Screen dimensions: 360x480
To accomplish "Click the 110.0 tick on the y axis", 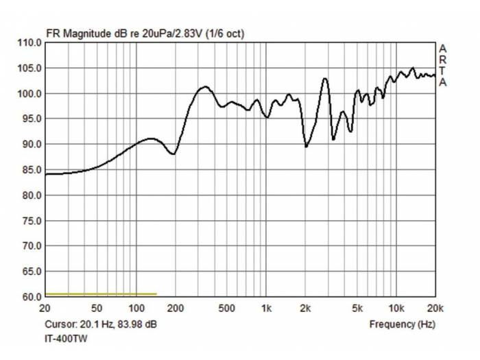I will (28, 43).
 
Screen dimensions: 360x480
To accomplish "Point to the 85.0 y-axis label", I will (29, 169).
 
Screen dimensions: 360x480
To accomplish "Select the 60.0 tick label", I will (29, 297).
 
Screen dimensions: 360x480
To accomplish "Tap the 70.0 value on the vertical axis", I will (29, 246).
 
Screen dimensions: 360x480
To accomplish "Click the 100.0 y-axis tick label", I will (28, 93).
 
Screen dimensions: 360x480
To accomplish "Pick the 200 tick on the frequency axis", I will (175, 307).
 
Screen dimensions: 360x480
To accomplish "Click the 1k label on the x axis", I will (266, 307).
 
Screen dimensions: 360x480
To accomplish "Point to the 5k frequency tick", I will (357, 307).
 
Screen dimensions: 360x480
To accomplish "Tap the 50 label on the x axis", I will (97, 307).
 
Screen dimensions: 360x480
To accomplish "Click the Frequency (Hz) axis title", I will (402, 324).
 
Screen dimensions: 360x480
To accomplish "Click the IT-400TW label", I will (67, 338).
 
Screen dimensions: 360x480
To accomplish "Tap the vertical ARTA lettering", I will (443, 65).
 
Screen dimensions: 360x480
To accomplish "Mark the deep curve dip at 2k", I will (306, 146).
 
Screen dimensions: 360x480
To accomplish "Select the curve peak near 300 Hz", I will (204, 87).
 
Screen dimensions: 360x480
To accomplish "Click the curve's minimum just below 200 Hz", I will (173, 154).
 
